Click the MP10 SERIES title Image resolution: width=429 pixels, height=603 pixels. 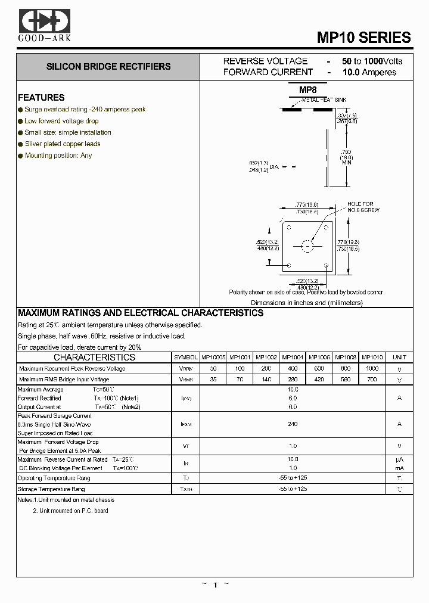(x=363, y=38)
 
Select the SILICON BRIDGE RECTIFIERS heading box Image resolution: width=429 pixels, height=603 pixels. (x=108, y=67)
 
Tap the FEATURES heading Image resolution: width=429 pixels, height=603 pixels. (x=41, y=98)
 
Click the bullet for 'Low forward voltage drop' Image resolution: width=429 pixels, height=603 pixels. (x=20, y=121)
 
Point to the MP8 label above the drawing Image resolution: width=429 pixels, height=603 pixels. (x=307, y=90)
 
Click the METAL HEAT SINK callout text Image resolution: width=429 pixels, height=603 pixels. (x=324, y=100)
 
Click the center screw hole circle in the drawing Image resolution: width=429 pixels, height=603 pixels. (x=307, y=245)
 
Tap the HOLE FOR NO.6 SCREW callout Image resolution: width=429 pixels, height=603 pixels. (x=363, y=207)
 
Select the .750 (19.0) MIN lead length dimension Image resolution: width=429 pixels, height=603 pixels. (x=346, y=157)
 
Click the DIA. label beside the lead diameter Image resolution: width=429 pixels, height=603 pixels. (x=274, y=167)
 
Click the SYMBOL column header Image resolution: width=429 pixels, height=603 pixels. (x=186, y=358)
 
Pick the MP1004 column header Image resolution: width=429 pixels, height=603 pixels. (x=292, y=358)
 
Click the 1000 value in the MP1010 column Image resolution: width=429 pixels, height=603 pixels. (x=372, y=369)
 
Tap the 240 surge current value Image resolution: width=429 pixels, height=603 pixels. (x=292, y=424)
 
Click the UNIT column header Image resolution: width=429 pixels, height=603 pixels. (x=399, y=358)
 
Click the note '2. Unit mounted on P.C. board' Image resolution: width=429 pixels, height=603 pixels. (x=70, y=511)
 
